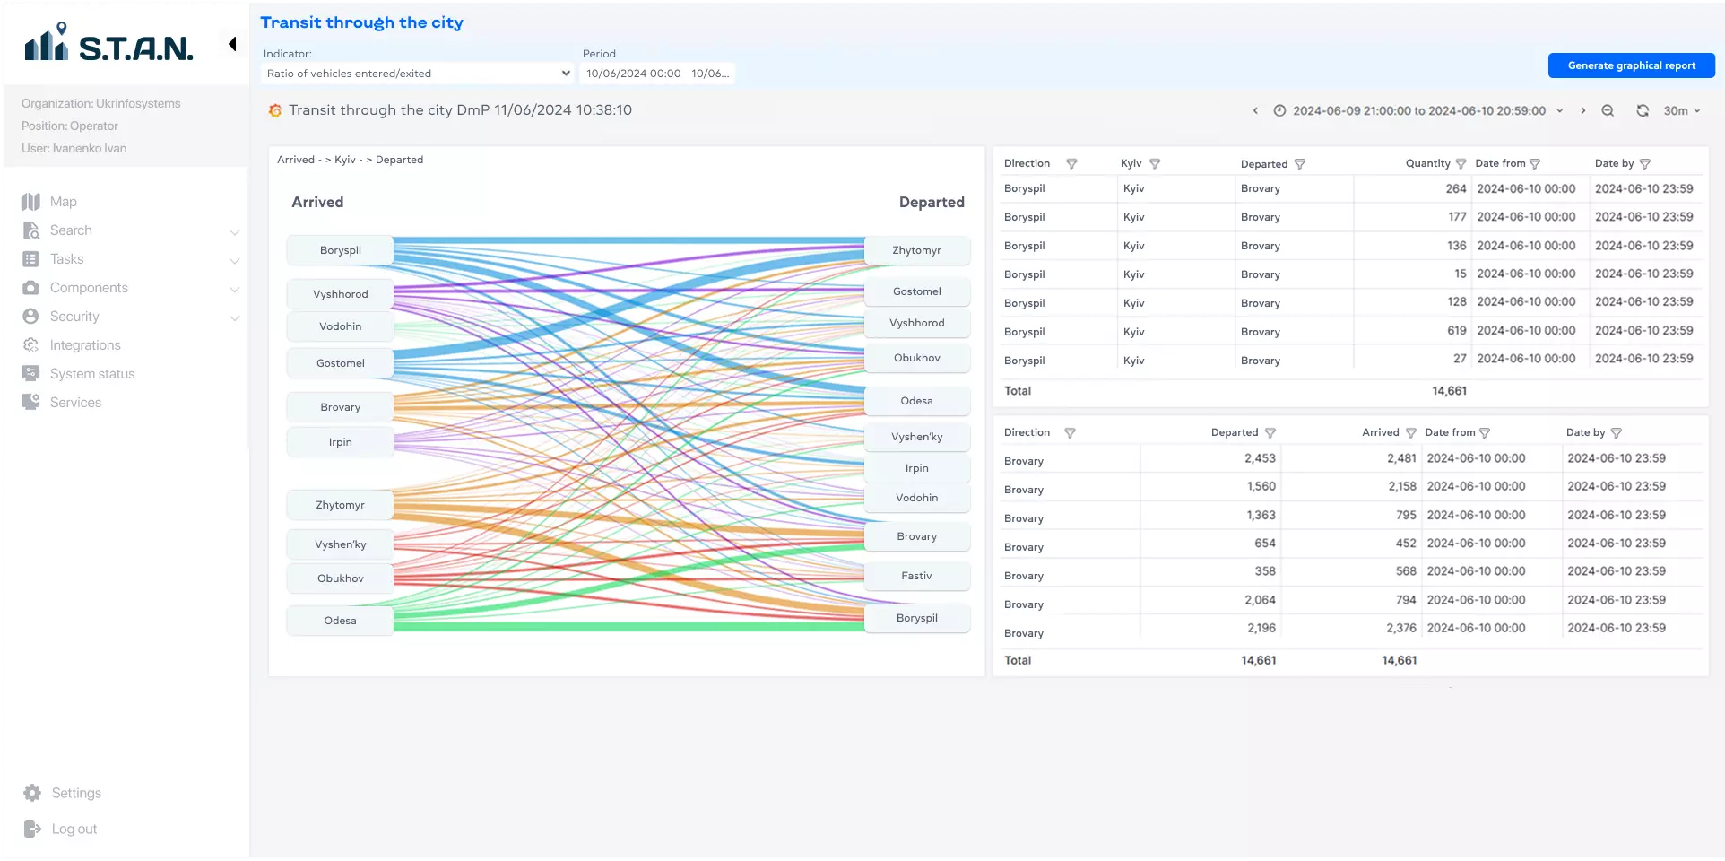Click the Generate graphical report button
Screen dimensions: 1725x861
coord(1631,65)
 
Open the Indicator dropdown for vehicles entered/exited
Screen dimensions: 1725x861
coord(418,74)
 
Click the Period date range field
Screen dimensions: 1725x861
coord(657,74)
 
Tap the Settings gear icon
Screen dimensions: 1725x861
coord(32,793)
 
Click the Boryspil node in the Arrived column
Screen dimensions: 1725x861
coord(341,250)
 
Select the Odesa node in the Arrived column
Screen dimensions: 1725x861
coord(341,621)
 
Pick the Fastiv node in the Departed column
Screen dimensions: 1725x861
coord(917,576)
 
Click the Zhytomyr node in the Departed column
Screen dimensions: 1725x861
coord(917,250)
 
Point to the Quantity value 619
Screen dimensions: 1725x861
coord(1457,331)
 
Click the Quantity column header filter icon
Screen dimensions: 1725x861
coord(1461,163)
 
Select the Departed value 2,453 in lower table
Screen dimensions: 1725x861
coord(1260,458)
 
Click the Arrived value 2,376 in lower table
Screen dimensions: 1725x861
coord(1401,628)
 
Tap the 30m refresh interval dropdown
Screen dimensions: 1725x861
coord(1682,110)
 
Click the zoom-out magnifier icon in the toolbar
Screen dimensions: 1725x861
coord(1608,110)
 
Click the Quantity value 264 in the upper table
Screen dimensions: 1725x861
coord(1456,188)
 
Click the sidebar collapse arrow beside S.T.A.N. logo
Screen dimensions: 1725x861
coord(232,44)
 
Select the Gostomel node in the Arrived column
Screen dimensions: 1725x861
coord(341,363)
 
